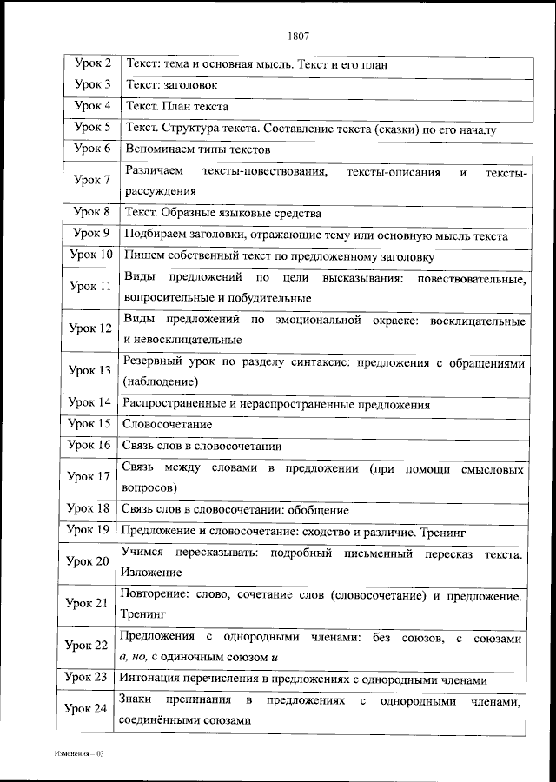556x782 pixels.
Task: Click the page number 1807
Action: pos(297,36)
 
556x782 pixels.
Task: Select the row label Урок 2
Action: pos(92,63)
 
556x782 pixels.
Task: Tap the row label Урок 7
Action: pos(92,181)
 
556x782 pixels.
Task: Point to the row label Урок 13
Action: pos(90,370)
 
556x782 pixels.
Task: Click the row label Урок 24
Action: pos(87,709)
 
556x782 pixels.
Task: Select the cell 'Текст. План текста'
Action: pos(177,107)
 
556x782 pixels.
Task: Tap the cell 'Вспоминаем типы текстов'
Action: pos(198,149)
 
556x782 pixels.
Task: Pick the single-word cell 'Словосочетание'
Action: pos(167,424)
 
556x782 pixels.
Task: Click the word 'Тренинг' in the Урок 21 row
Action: pos(143,613)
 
